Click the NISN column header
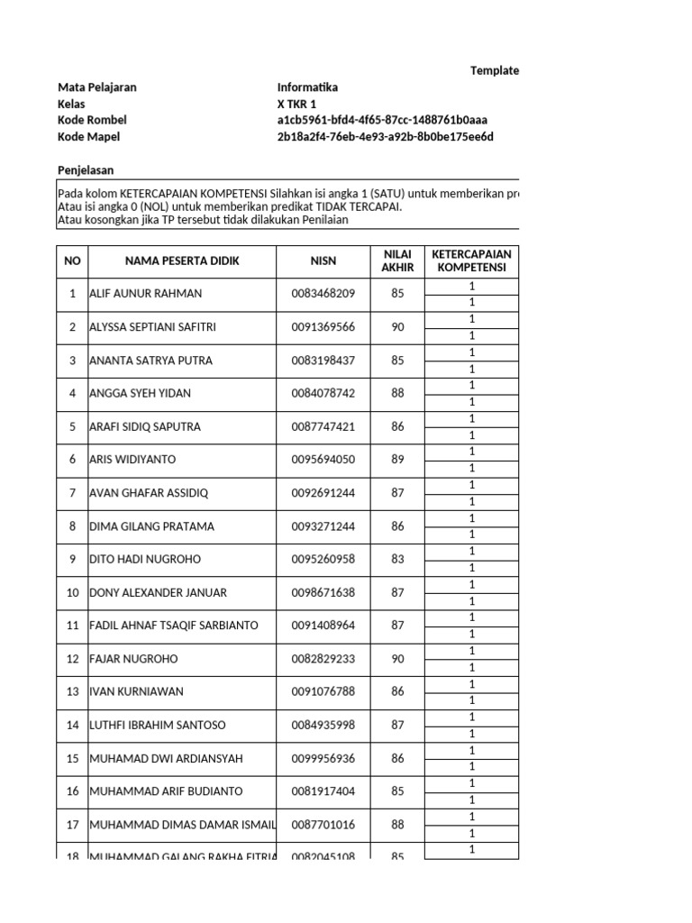tap(323, 261)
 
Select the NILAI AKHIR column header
tap(397, 261)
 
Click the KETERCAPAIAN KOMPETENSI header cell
tap(470, 261)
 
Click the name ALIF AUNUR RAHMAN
tap(146, 294)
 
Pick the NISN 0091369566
tap(323, 327)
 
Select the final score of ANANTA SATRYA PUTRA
tap(397, 361)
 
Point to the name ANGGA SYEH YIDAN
tap(140, 394)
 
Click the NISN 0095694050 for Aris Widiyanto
tap(323, 460)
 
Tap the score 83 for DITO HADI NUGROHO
tap(397, 560)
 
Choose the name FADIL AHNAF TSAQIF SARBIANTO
tap(174, 626)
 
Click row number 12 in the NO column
tap(72, 659)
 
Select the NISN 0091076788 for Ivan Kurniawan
tap(323, 692)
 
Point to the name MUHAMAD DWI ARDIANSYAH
tap(166, 759)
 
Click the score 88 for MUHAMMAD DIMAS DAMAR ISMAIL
tap(397, 825)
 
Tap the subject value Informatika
tap(307, 88)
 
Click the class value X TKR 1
tap(297, 105)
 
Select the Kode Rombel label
tap(92, 121)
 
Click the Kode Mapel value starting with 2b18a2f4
tap(386, 137)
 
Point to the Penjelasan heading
tap(86, 170)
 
